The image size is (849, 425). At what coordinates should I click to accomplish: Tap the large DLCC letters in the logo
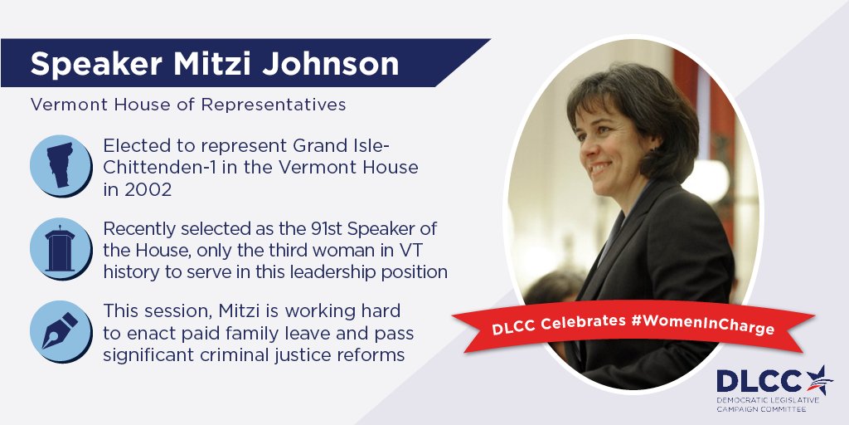pyautogui.click(x=759, y=381)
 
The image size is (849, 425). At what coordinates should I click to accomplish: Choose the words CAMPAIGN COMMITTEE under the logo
pyautogui.click(x=762, y=410)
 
